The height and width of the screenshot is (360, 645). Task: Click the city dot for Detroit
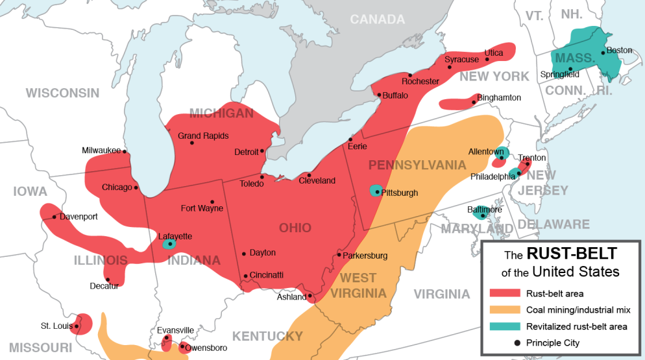pyautogui.click(x=262, y=152)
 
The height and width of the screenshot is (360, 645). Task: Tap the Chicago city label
pyautogui.click(x=117, y=187)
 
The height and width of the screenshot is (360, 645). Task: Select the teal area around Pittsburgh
pyautogui.click(x=375, y=191)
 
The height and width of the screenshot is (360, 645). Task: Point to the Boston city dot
pyautogui.click(x=603, y=53)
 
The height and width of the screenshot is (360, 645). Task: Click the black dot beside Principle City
pyautogui.click(x=517, y=342)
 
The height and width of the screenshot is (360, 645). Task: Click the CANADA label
pyautogui.click(x=377, y=19)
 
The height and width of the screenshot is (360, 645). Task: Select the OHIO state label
pyautogui.click(x=295, y=228)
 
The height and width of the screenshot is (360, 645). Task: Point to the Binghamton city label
pyautogui.click(x=499, y=97)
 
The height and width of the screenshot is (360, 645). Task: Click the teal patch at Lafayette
pyautogui.click(x=169, y=245)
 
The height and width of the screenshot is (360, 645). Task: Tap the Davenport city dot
pyautogui.click(x=54, y=217)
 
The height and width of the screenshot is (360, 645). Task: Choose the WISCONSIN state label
pyautogui.click(x=62, y=93)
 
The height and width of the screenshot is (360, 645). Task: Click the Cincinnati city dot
pyautogui.click(x=245, y=276)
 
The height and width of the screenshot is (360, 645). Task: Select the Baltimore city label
pyautogui.click(x=485, y=210)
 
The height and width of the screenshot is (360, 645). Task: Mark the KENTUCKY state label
pyautogui.click(x=267, y=336)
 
